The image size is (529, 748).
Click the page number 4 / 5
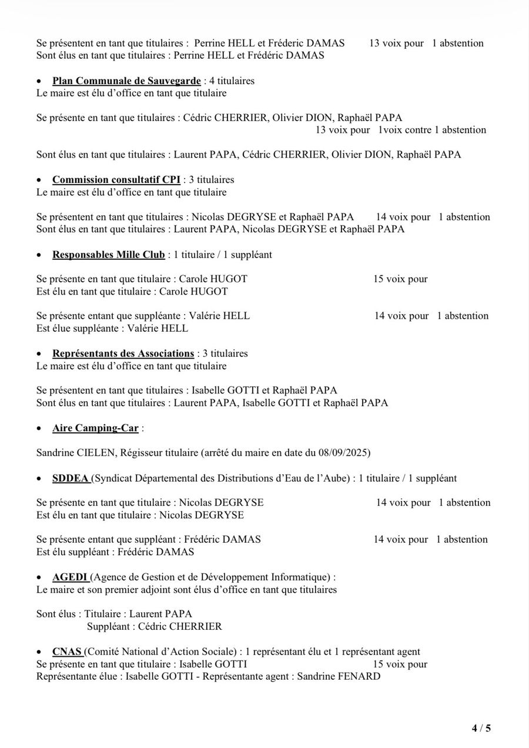point(481,728)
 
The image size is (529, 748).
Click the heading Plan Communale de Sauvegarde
point(126,81)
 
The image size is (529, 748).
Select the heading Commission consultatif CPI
point(116,179)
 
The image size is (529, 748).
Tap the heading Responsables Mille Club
point(109,255)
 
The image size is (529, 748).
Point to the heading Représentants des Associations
point(123,353)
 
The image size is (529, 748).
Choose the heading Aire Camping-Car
point(95,428)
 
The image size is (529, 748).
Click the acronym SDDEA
point(70,478)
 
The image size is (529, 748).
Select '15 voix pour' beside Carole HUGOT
point(400,279)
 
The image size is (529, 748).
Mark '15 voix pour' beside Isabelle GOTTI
point(400,664)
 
